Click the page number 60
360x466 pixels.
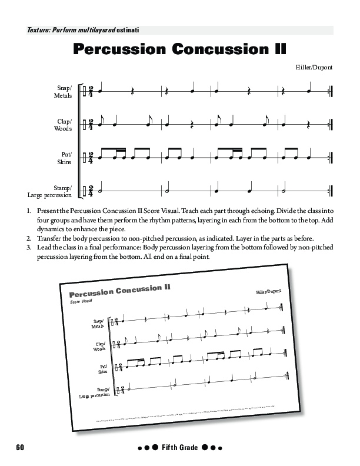20,448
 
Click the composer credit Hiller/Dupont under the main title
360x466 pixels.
314,67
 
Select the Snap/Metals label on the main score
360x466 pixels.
63,91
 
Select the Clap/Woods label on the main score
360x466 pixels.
63,125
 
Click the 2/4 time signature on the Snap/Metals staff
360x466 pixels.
91,92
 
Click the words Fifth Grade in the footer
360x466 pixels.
179,448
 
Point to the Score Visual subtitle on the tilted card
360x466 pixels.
81,301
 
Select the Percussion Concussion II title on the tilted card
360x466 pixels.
119,291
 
